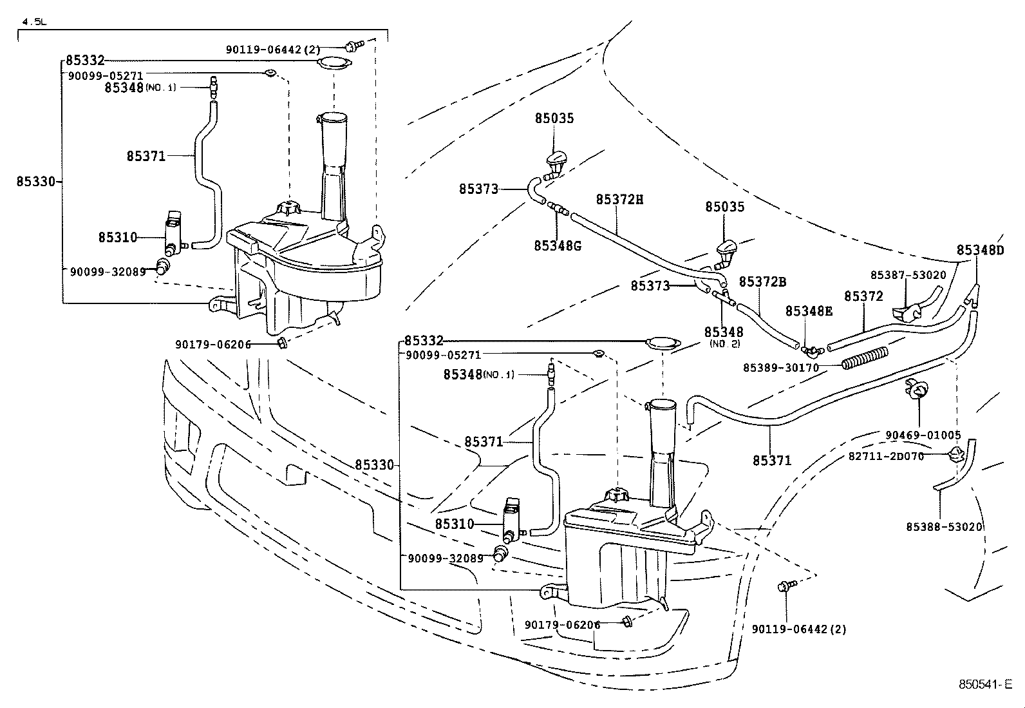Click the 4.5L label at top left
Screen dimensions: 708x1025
coord(35,22)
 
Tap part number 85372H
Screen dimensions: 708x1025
coord(619,200)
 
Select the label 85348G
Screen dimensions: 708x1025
coord(557,245)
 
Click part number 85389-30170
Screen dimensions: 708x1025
coord(780,367)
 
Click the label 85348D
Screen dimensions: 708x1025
coord(979,250)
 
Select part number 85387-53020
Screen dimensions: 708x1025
coord(908,275)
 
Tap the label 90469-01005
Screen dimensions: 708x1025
coord(923,435)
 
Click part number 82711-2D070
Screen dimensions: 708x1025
coord(886,456)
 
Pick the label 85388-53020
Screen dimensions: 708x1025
coord(944,526)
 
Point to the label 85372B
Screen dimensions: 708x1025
coord(762,282)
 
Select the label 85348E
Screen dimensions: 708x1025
coord(809,311)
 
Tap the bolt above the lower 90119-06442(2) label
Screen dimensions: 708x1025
coord(785,586)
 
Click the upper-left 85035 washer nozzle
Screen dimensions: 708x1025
coord(554,163)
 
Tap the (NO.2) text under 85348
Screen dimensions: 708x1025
coord(724,344)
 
